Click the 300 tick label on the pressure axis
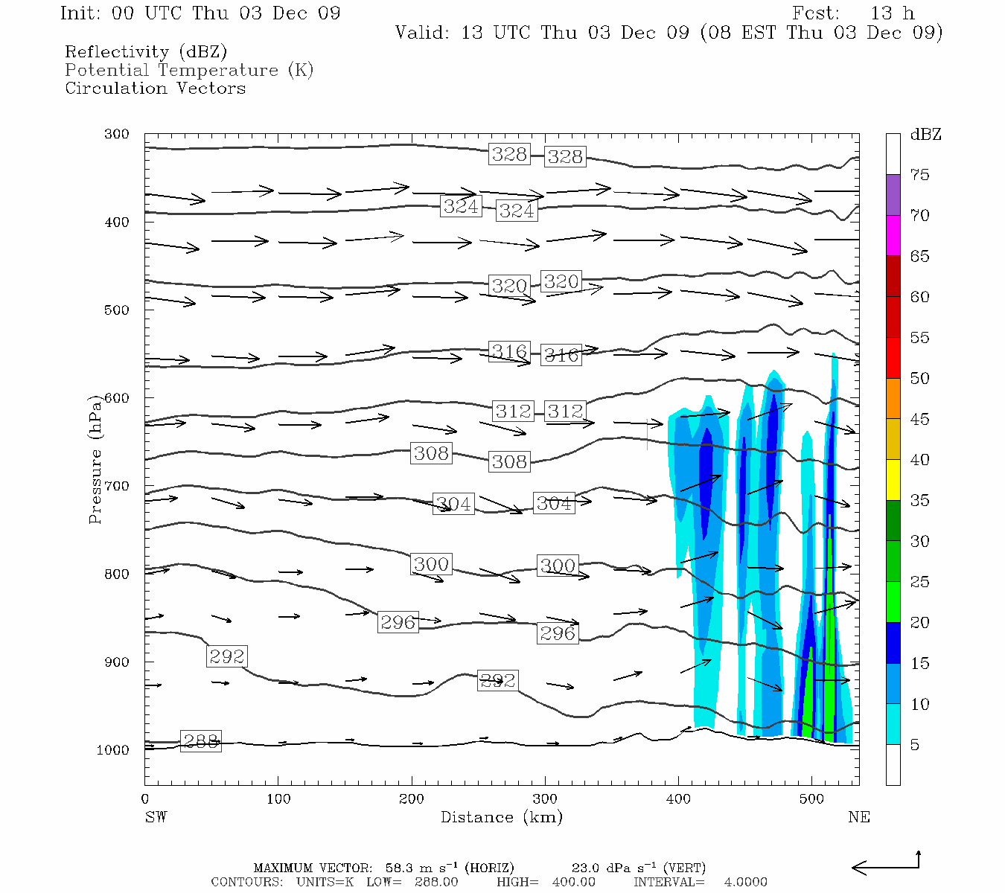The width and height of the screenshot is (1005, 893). (117, 135)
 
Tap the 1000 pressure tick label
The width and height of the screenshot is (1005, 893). (113, 750)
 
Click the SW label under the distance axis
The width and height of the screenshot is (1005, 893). (156, 817)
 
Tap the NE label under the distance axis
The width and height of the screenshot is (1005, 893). (859, 817)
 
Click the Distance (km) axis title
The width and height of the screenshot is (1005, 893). (501, 817)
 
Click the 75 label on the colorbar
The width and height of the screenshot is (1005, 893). (920, 175)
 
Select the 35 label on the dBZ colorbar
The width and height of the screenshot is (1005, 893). (920, 500)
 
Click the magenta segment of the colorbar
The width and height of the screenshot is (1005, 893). (893, 235)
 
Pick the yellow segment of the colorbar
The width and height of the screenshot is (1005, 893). (893, 479)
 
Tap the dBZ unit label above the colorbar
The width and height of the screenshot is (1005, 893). (925, 135)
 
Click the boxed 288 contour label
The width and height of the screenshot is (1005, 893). (201, 741)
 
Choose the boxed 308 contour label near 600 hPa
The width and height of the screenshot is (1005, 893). (431, 453)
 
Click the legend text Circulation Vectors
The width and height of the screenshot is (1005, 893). (155, 88)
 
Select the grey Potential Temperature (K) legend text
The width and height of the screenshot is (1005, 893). (189, 70)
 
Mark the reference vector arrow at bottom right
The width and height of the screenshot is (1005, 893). (886, 866)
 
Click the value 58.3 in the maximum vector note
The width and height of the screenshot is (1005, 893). (401, 868)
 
